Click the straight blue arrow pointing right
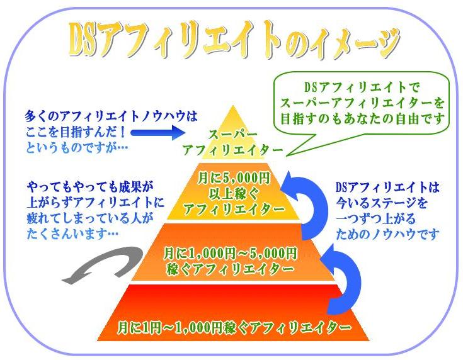click(x=157, y=133)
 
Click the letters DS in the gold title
click(x=83, y=40)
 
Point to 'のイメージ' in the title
click(x=342, y=41)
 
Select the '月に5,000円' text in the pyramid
click(x=234, y=178)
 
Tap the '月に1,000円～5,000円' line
click(x=230, y=253)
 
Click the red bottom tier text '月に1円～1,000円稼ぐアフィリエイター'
click(x=234, y=327)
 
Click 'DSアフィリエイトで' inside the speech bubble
click(x=362, y=87)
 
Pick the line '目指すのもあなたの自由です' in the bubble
click(x=362, y=118)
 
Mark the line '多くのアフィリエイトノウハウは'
click(x=111, y=116)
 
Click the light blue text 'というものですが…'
click(x=77, y=147)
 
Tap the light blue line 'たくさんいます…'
click(x=72, y=233)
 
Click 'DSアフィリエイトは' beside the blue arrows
click(x=387, y=187)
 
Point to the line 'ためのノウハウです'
click(x=387, y=234)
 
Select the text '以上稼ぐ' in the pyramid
click(x=234, y=194)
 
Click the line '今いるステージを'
click(x=382, y=203)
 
